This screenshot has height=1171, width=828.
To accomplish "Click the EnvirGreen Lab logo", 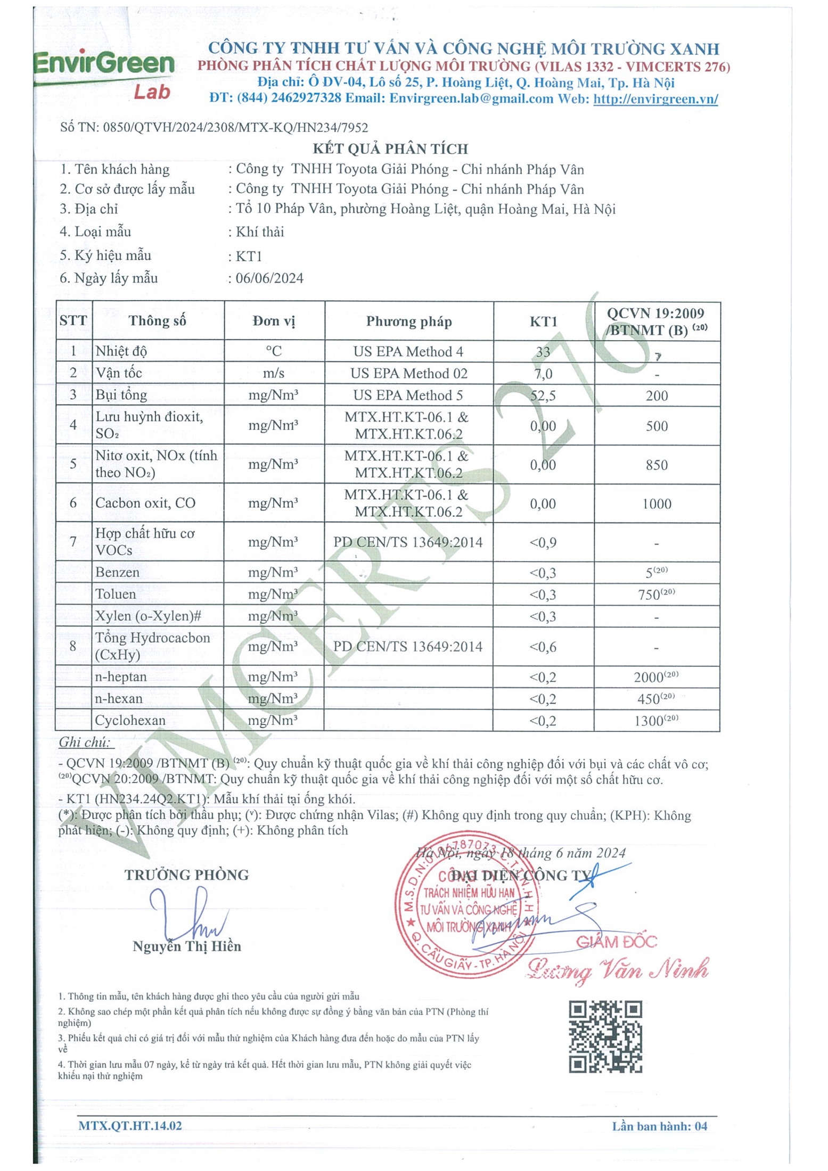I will tap(104, 75).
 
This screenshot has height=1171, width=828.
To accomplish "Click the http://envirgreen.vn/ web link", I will tap(655, 99).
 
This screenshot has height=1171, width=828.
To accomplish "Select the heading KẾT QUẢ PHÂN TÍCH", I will tap(390, 149).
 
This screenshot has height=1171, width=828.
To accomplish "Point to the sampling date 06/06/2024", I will tap(269, 278).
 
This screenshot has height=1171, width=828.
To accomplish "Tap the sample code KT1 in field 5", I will tap(249, 257).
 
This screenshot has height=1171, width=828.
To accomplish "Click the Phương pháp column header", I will tap(408, 321).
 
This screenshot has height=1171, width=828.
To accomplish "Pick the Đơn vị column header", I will tap(274, 321).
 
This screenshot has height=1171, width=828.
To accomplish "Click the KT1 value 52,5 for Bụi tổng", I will tap(543, 395).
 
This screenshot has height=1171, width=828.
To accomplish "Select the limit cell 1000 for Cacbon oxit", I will tap(657, 504).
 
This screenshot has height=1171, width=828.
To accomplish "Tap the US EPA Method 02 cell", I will tap(408, 374).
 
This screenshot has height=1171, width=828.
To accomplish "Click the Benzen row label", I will tap(117, 573).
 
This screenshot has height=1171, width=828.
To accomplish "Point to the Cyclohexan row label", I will tap(130, 721).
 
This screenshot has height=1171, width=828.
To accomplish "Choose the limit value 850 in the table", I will tap(657, 465).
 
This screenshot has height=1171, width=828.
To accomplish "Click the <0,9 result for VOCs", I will tap(543, 543).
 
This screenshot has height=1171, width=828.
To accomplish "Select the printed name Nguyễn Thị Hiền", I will tap(186, 946).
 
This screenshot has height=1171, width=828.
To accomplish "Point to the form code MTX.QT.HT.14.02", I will tap(130, 1126).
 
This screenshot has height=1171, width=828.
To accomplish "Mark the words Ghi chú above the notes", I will tap(85, 742).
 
